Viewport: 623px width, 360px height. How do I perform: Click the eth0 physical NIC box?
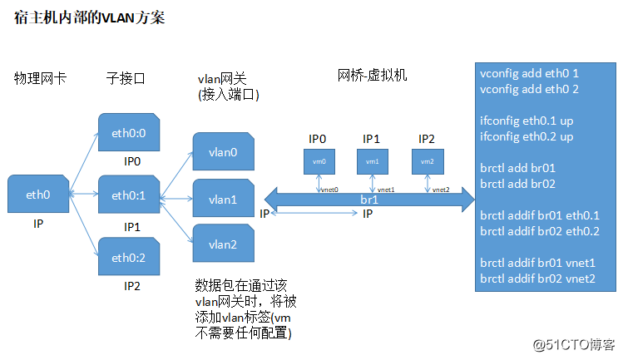pos(38,195)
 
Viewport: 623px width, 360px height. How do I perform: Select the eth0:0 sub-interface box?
pos(128,132)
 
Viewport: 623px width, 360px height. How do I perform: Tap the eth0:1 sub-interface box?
pos(128,195)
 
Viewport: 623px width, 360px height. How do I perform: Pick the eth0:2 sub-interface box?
pos(128,259)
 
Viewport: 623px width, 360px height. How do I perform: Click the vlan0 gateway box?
pos(222,152)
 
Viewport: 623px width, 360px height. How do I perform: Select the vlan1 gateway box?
pos(222,200)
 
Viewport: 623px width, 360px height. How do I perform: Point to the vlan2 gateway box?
pos(222,244)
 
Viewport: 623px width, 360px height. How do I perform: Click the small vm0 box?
pos(319,161)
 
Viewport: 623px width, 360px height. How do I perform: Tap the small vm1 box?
pos(372,161)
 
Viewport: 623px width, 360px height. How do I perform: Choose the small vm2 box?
pos(426,161)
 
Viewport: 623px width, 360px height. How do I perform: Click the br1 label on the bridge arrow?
pos(370,200)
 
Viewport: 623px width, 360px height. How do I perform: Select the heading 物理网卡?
pos(40,79)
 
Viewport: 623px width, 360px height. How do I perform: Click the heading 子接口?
pos(126,79)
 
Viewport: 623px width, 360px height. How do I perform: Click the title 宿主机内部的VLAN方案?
pos(90,17)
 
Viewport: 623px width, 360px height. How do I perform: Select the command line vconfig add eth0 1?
pos(529,72)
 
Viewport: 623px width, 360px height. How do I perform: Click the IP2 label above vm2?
pos(426,138)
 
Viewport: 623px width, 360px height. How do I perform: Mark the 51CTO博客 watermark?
pos(573,343)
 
